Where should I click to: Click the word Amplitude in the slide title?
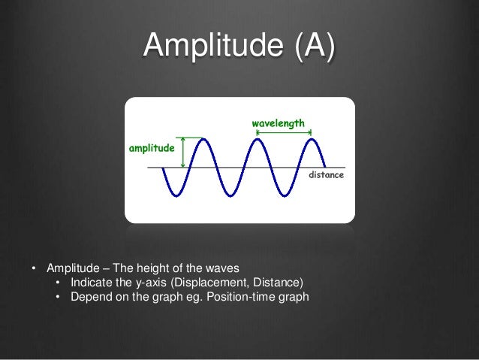click(x=213, y=47)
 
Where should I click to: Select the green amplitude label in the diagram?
click(x=152, y=149)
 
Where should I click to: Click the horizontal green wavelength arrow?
click(x=284, y=133)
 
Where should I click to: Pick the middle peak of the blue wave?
click(x=256, y=139)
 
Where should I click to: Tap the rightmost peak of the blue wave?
click(x=311, y=139)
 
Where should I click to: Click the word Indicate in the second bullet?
click(x=92, y=283)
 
